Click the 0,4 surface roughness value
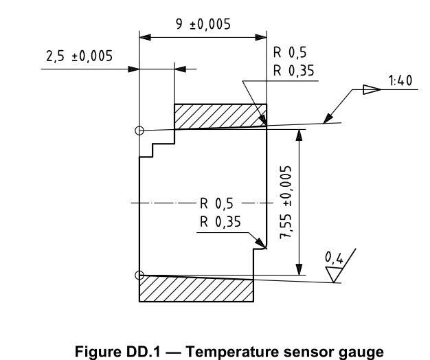click(334, 258)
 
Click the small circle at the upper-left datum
click(139, 130)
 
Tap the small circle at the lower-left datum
click(139, 275)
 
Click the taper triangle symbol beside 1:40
click(370, 89)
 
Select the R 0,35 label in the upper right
click(291, 71)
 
